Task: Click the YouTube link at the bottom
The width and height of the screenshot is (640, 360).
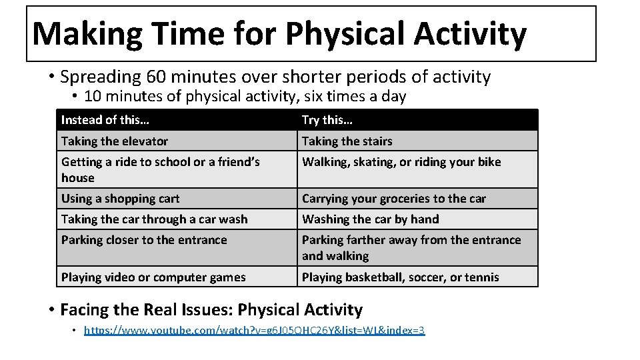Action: [x=254, y=331]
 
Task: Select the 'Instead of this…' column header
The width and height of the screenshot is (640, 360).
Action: [x=105, y=120]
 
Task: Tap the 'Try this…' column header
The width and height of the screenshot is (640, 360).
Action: [x=327, y=120]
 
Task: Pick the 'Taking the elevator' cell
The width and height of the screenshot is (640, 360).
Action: [x=115, y=141]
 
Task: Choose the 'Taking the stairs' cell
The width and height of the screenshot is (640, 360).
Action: [x=347, y=141]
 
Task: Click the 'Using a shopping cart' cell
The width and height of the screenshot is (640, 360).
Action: [x=121, y=199]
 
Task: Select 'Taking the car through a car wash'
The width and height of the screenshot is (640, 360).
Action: [x=155, y=219]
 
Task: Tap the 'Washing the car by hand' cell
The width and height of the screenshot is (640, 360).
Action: [x=371, y=219]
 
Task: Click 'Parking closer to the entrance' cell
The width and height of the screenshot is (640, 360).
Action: [x=144, y=240]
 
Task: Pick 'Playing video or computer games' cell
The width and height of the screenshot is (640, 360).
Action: [x=153, y=277]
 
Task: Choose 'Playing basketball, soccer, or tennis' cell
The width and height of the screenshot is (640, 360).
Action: [x=401, y=277]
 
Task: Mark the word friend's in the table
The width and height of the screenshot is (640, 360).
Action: [x=237, y=162]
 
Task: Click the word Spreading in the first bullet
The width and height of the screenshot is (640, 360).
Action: [x=99, y=77]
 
